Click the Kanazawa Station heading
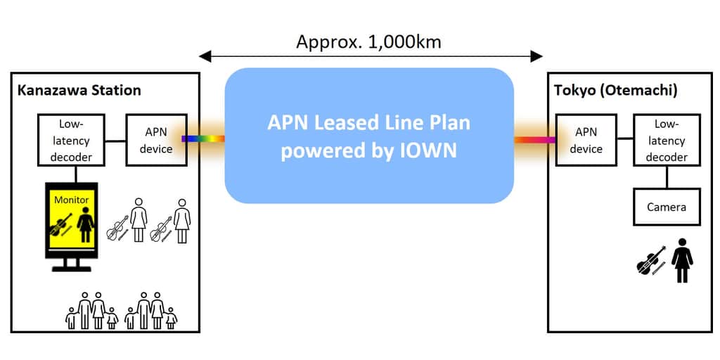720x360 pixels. tap(79, 90)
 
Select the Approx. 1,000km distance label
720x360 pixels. tap(368, 41)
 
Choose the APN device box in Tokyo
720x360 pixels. tap(586, 139)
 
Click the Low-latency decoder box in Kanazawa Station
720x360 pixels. tap(70, 139)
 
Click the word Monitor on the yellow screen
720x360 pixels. tap(72, 200)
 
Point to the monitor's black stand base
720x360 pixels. tap(71, 268)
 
